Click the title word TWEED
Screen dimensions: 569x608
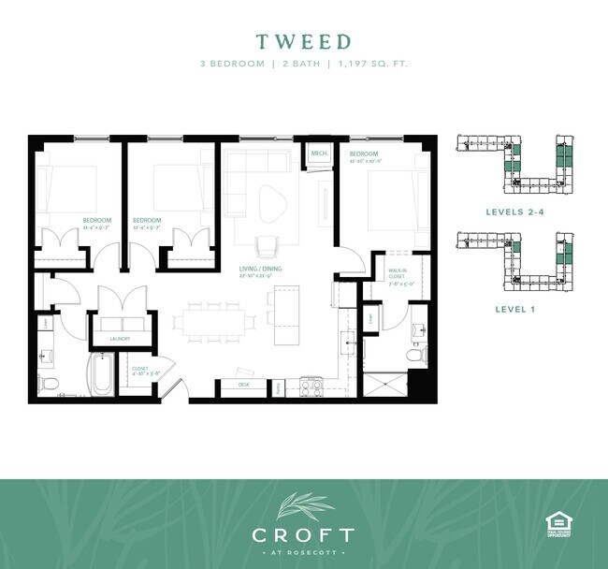pos(304,42)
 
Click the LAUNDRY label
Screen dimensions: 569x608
pos(119,338)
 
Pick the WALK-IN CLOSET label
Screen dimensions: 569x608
pos(398,273)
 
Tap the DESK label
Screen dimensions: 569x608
pos(243,385)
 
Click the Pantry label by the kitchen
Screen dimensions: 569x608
pos(278,385)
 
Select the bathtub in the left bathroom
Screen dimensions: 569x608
pos(100,375)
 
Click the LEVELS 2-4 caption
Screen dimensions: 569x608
pos(515,212)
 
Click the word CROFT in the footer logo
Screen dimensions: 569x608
pos(303,535)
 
